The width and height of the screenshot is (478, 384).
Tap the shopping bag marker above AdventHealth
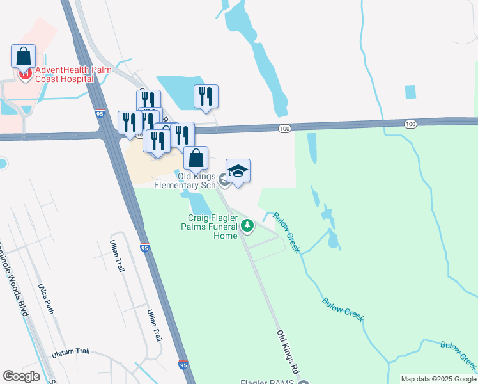pos(24,56)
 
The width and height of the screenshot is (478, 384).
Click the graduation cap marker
pos(238,172)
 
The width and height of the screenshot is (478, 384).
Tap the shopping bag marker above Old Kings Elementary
pos(196,158)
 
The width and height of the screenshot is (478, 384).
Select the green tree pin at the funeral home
pos(247,227)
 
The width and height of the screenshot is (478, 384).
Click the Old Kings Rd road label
pos(288,351)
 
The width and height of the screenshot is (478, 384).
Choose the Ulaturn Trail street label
pos(71,353)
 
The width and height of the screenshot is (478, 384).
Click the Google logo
pos(21,376)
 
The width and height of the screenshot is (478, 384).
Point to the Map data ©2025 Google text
pos(438,379)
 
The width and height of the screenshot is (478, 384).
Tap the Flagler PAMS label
pos(266,383)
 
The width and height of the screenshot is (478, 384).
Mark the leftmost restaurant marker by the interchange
pos(130,122)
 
